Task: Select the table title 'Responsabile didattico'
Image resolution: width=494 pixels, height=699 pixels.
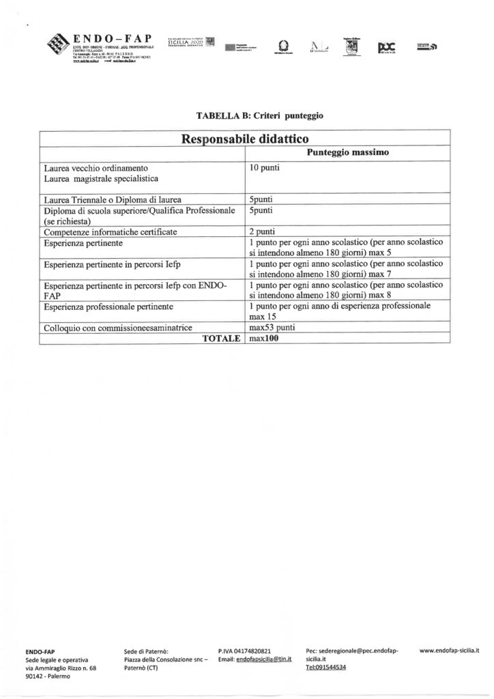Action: click(x=245, y=139)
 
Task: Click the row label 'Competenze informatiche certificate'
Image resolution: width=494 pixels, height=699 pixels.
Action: click(x=110, y=232)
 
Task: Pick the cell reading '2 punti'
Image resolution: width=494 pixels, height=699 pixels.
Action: click(x=262, y=232)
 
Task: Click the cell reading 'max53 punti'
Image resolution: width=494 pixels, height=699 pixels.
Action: click(x=272, y=327)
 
